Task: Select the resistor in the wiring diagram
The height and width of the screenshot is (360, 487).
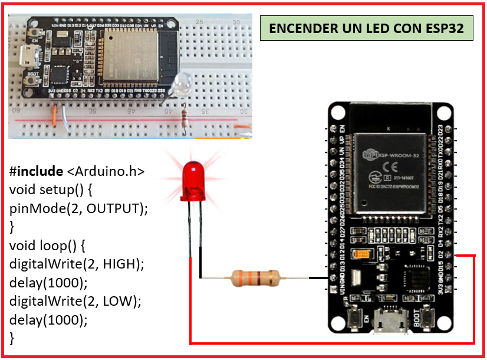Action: tap(254, 277)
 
